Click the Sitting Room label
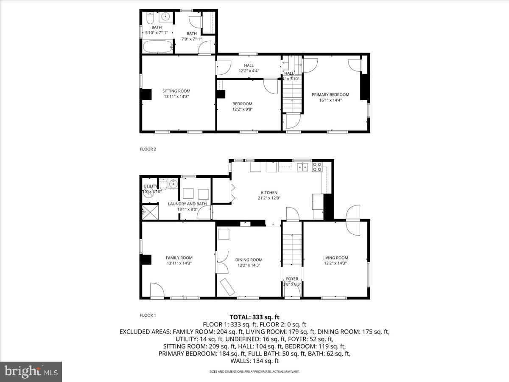176,91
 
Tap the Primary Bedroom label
330,95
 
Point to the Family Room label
179,258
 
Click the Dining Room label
249,260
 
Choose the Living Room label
335,258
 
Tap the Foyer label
292,279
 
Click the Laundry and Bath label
187,204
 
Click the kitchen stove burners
317,167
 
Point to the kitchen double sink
302,166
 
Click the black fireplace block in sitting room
146,94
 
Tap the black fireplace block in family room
146,259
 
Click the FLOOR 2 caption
148,149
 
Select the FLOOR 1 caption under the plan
148,315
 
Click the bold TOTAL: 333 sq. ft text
255,317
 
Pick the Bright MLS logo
31,372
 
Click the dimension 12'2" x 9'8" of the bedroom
242,109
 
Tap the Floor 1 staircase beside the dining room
292,250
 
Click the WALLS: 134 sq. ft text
255,361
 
